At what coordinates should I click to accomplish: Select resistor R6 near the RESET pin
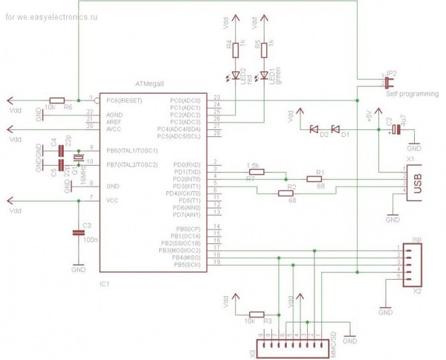(x=58, y=99)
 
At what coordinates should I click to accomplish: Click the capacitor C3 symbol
(x=78, y=233)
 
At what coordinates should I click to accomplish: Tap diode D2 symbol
(x=314, y=128)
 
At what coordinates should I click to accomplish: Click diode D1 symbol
(x=334, y=128)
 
